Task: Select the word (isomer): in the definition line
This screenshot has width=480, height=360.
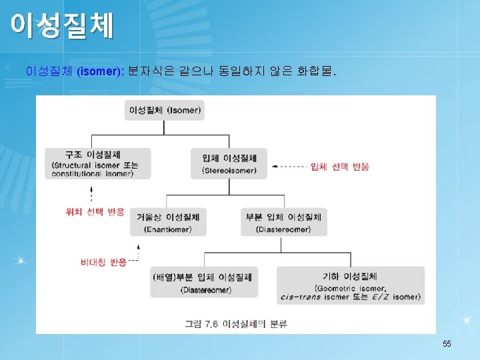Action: tap(100, 71)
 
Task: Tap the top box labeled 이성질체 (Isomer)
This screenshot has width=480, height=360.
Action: tap(165, 109)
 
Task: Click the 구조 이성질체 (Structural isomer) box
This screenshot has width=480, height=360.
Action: tap(97, 163)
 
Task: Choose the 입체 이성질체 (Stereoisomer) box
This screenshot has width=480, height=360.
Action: tap(229, 163)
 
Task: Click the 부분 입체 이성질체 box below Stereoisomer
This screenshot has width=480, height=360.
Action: tap(283, 222)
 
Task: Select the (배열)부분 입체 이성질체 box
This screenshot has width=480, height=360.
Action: tap(204, 282)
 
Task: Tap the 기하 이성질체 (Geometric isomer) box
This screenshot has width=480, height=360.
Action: tap(350, 285)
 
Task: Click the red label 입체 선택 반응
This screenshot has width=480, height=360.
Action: tap(341, 167)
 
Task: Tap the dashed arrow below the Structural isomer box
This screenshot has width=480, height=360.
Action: tap(91, 193)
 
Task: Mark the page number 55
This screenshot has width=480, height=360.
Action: tap(447, 343)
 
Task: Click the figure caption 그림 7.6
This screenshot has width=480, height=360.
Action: tap(201, 324)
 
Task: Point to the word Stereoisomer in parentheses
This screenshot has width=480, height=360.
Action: tap(229, 171)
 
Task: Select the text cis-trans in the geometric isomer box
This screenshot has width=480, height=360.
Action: tap(307, 297)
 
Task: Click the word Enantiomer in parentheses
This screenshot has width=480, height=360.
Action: tap(167, 229)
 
